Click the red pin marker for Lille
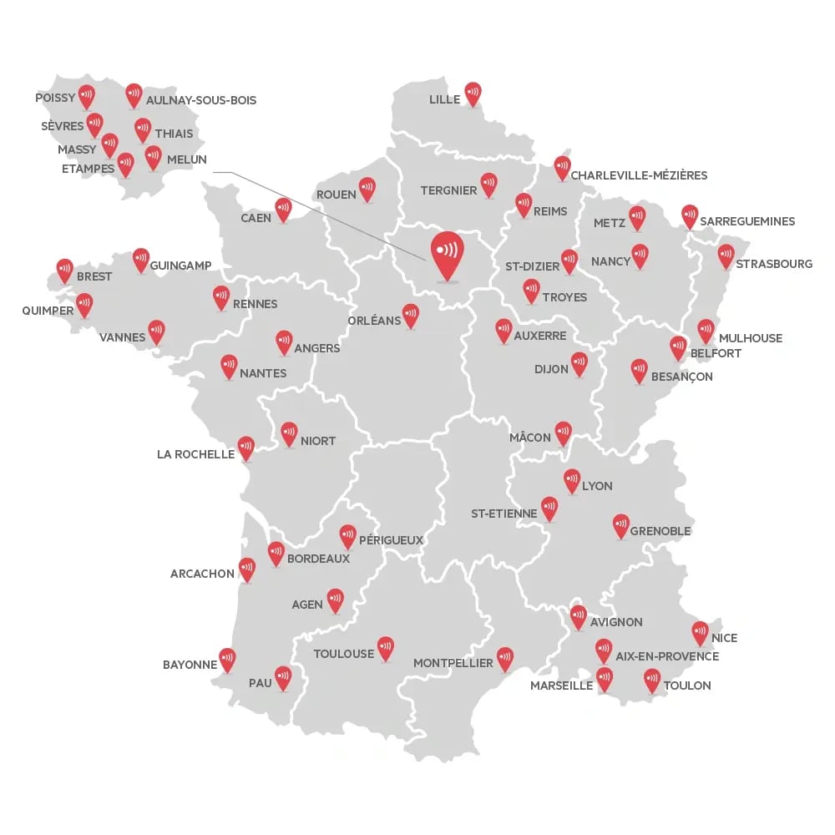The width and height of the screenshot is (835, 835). coord(473,94)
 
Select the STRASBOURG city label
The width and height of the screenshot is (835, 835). coord(774,264)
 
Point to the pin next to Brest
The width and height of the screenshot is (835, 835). coord(65,271)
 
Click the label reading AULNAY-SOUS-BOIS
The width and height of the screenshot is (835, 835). coord(201,100)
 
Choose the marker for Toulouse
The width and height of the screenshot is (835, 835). coord(385,648)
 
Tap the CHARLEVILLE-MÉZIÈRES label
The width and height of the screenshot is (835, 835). coord(639,175)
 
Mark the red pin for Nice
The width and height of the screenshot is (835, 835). coord(701,633)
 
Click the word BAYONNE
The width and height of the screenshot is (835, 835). coord(190,665)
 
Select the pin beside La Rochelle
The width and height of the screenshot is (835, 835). coord(246,448)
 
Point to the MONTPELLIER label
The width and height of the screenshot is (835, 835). coord(453,663)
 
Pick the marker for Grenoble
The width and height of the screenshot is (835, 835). coord(621,524)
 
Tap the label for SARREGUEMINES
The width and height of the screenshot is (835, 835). coord(747,221)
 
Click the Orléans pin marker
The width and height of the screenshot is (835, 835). coord(411,314)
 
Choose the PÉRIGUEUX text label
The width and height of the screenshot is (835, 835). coord(391,540)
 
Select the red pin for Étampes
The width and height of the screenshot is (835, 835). coord(126,164)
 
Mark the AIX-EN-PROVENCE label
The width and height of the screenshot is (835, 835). coord(667,656)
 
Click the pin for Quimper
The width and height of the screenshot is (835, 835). coord(84,305)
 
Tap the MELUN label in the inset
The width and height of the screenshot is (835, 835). coord(187,159)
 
